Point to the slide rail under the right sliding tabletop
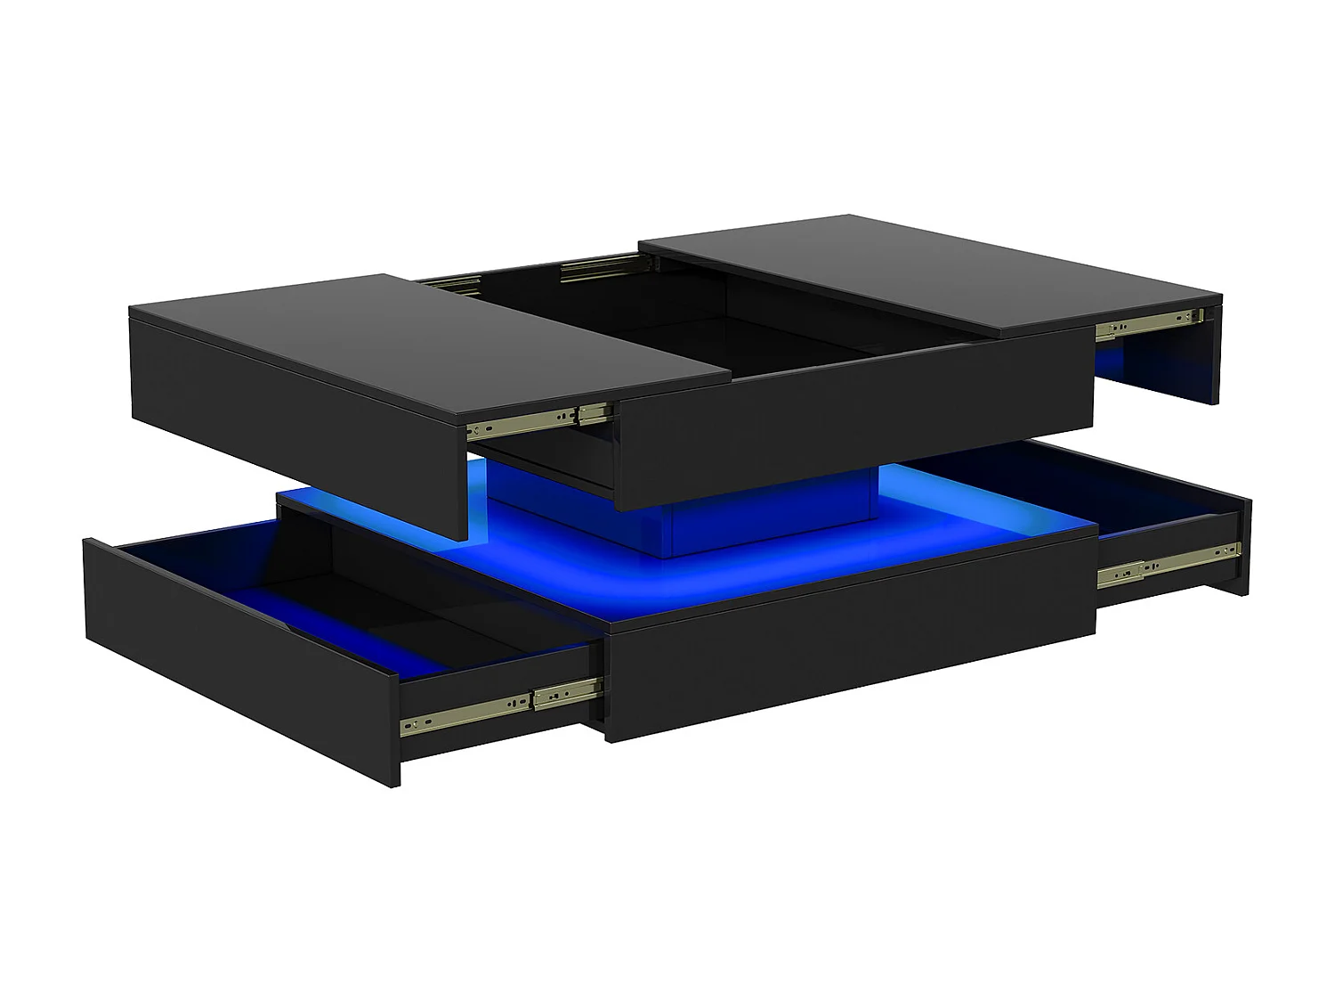tap(1148, 324)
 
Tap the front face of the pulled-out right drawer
tap(1242, 543)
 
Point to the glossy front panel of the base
tap(845, 650)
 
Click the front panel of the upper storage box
tap(845, 428)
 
